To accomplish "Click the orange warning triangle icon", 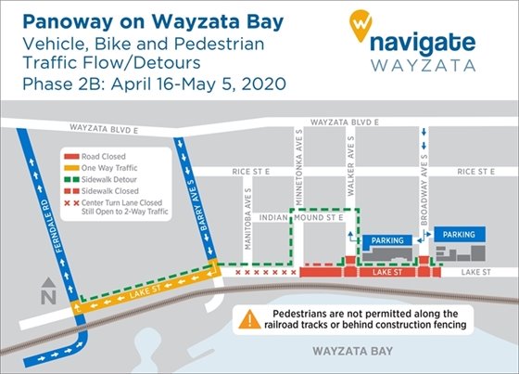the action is pyautogui.click(x=250, y=320).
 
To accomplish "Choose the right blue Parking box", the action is pyautogui.click(x=461, y=235).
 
